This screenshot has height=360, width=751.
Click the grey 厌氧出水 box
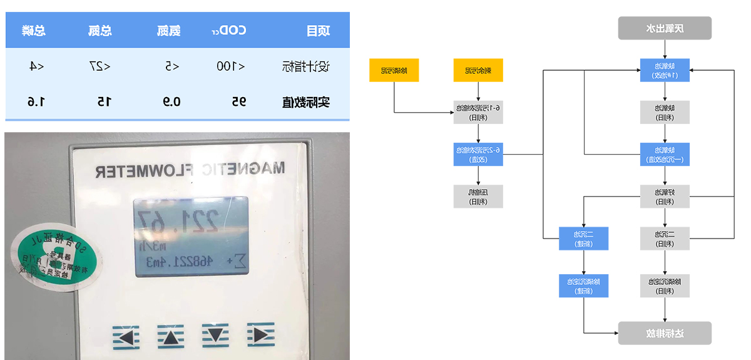click(665, 28)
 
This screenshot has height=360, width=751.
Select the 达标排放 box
click(665, 333)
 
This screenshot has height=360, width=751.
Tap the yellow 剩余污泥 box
click(478, 70)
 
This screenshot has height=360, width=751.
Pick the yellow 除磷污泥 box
click(394, 70)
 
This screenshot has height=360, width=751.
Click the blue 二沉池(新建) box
click(584, 239)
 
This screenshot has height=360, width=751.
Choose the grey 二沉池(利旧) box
click(665, 239)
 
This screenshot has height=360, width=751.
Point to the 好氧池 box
click(665, 196)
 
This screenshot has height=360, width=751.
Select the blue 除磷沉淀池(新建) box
click(584, 286)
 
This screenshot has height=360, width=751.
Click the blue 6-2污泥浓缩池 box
click(478, 154)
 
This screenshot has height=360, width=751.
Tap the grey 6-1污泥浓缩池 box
click(478, 112)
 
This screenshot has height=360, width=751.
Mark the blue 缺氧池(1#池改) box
click(665, 69)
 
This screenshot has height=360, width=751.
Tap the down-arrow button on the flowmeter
click(215, 336)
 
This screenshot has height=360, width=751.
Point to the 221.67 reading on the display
click(179, 220)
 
